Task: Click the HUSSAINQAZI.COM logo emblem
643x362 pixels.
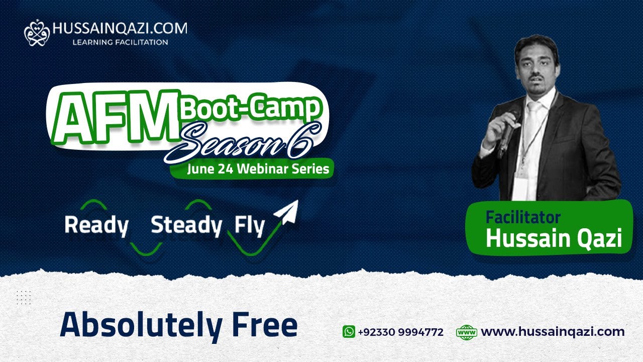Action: [x=37, y=33]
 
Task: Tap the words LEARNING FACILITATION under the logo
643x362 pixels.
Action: [x=120, y=42]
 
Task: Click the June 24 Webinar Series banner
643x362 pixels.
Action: [x=258, y=169]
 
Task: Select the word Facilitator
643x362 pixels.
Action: [x=522, y=217]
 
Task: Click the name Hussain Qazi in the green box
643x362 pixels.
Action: [x=554, y=239]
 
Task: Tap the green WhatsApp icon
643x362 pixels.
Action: [x=349, y=332]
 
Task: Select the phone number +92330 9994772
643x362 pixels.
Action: [x=400, y=332]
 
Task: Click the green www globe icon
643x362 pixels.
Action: [x=466, y=332]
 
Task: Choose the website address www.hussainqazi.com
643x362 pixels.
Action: [x=553, y=332]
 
